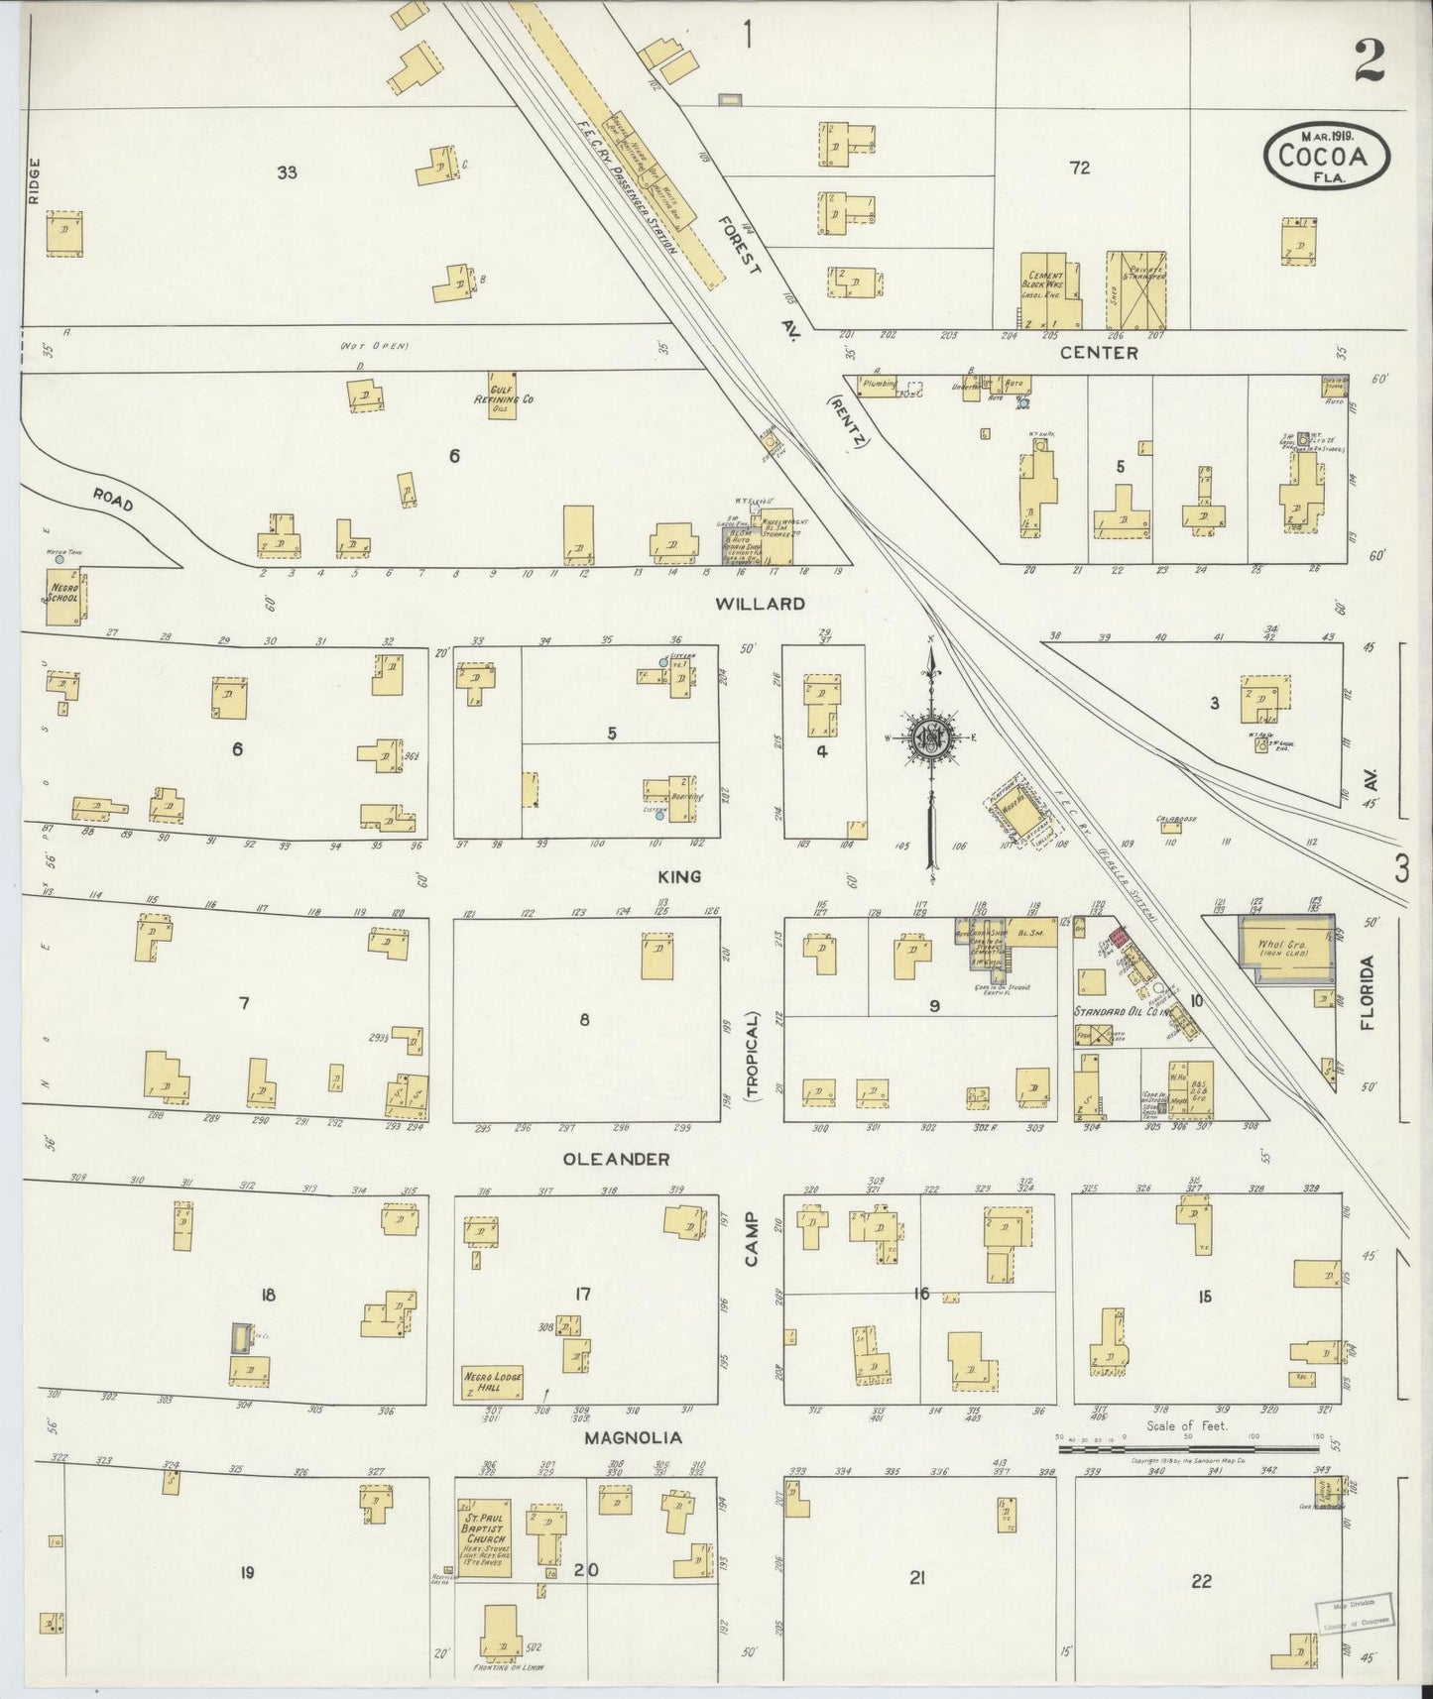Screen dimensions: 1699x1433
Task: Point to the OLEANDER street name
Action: coord(616,1158)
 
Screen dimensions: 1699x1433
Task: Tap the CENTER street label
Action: coord(1098,352)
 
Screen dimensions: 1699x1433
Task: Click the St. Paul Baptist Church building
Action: coord(484,1546)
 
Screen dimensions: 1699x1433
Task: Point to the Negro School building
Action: coord(67,598)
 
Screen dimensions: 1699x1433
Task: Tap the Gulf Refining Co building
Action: coord(512,393)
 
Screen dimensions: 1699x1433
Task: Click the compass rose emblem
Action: coord(931,736)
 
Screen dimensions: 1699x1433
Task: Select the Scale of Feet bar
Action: coord(1190,1448)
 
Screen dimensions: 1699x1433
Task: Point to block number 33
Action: coord(287,172)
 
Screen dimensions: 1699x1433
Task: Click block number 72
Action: coord(1079,169)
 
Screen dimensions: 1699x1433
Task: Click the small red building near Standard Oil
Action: coord(1120,937)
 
